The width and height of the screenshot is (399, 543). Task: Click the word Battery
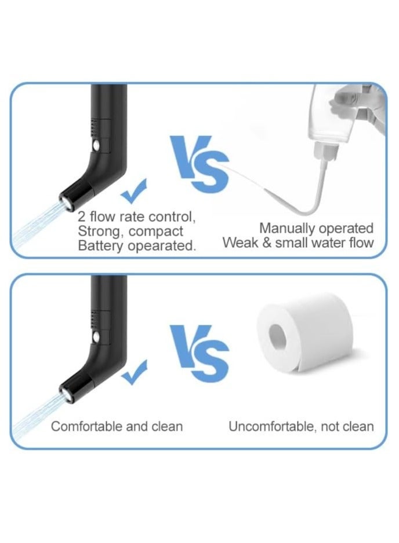(x=100, y=245)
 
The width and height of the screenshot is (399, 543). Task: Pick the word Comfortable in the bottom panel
(x=86, y=427)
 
